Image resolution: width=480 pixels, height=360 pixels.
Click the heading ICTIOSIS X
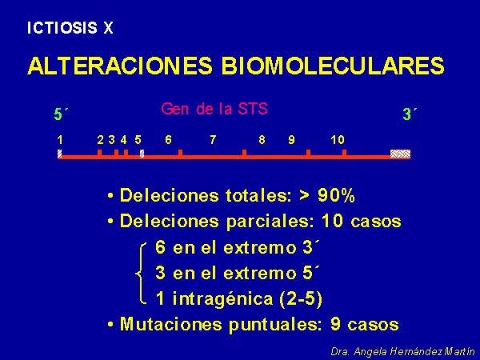[70, 28]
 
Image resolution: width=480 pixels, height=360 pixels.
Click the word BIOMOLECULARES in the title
[333, 66]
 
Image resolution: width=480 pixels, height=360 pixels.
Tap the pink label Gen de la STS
[214, 109]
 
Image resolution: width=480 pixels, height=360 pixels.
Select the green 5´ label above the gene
[61, 114]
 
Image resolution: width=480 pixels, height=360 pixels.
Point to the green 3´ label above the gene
[410, 114]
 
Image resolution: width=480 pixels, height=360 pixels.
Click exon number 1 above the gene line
[60, 140]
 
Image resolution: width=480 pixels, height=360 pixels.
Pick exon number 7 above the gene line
[213, 140]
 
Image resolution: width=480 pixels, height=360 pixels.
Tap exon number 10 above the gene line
[338, 140]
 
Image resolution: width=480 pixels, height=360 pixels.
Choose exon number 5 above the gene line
[138, 140]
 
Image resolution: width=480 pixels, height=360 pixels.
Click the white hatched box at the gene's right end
[400, 154]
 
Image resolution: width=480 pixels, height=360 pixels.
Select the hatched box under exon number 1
[60, 154]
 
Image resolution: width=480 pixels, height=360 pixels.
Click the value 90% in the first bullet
[336, 195]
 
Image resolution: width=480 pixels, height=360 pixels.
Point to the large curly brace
[141, 274]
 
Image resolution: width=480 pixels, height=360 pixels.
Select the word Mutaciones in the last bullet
[171, 324]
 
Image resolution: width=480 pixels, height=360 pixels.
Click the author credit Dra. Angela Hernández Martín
[402, 351]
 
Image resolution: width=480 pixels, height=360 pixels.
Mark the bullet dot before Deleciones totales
[110, 196]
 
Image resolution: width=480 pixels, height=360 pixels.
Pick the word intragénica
[223, 298]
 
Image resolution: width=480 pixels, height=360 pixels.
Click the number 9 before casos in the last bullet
[335, 324]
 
